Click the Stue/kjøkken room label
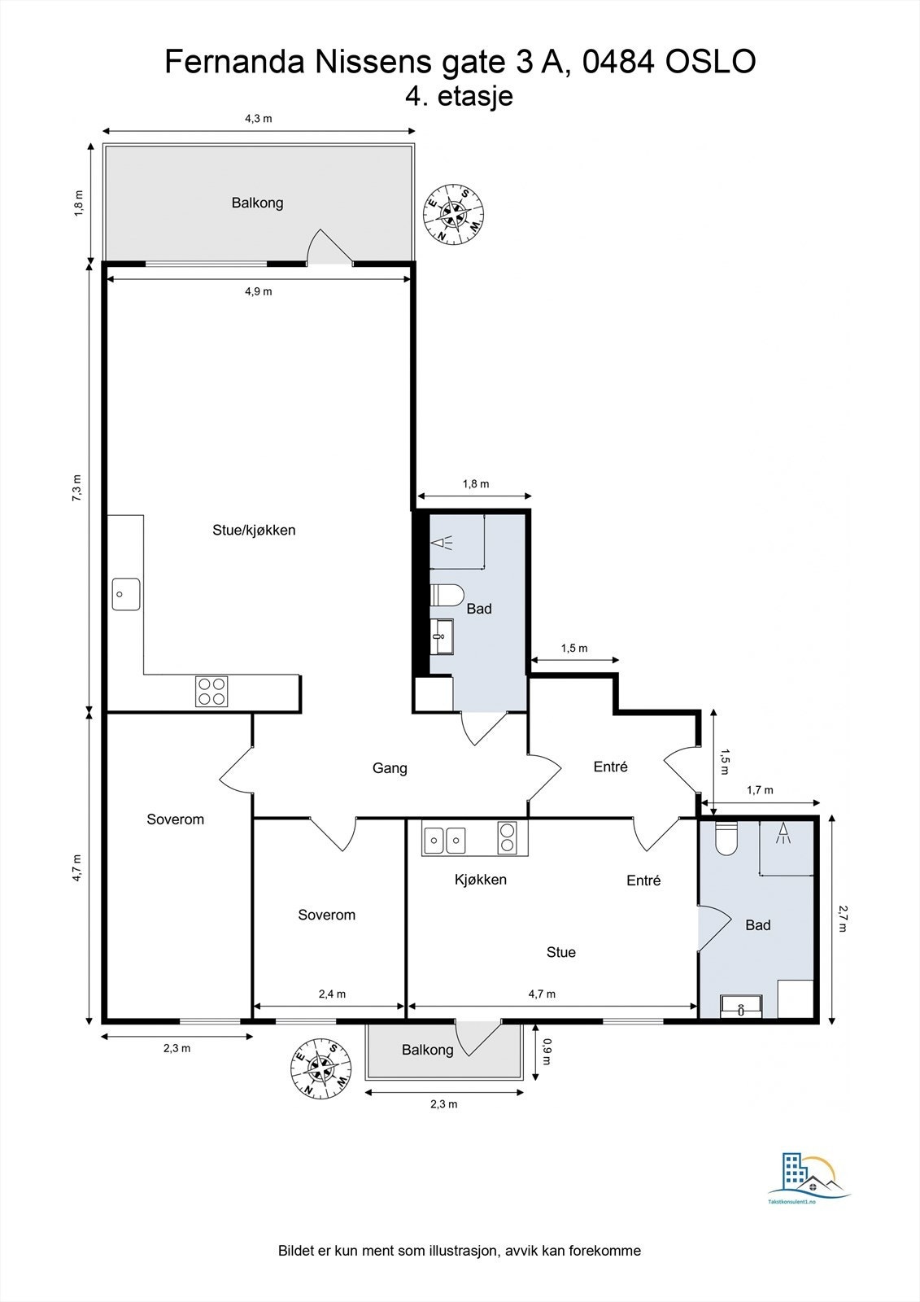[x=254, y=530]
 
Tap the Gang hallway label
[x=390, y=768]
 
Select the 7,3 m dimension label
[x=77, y=487]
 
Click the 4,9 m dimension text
[x=259, y=291]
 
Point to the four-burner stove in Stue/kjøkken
[x=211, y=692]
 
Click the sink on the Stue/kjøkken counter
[x=126, y=594]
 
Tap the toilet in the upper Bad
[x=447, y=596]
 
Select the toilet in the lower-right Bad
[x=726, y=837]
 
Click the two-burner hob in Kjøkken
[x=507, y=837]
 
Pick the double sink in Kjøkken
[x=445, y=840]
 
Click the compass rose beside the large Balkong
[x=454, y=213]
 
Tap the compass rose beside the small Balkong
[x=320, y=1067]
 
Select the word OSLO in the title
[x=710, y=62]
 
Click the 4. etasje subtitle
[x=459, y=96]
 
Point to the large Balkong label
[x=258, y=203]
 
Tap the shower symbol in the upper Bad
[x=443, y=543]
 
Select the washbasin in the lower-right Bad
[x=741, y=1007]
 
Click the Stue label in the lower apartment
[x=560, y=952]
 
